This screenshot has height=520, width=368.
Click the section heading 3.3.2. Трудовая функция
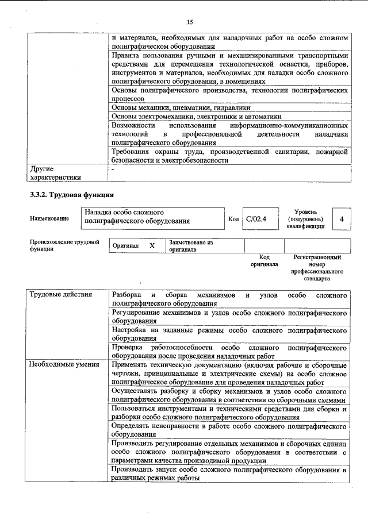point(71,195)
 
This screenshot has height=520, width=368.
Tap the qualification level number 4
point(342,219)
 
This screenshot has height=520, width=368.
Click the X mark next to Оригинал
point(152,245)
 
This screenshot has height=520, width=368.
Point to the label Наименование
point(49,219)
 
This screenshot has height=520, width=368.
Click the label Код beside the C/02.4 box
point(233,219)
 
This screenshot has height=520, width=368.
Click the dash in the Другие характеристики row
point(113,170)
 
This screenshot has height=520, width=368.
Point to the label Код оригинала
point(264,261)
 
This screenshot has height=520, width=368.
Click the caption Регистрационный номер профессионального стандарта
point(317,268)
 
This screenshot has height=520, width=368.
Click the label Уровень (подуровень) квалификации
point(305,219)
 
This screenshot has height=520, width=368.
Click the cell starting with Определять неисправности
point(229,430)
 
